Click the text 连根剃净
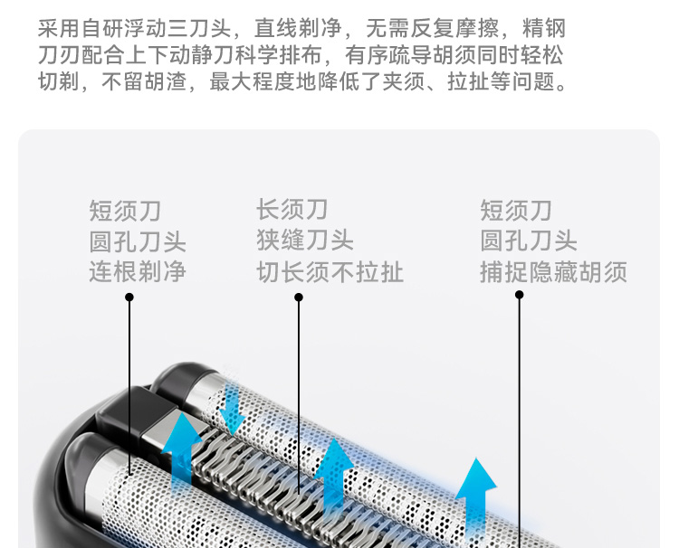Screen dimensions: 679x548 pyautogui.click(x=138, y=271)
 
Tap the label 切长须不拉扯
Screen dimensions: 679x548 pyautogui.click(x=330, y=271)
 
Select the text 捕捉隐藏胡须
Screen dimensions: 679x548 pyautogui.click(x=553, y=271)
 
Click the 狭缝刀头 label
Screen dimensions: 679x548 pyautogui.click(x=304, y=241)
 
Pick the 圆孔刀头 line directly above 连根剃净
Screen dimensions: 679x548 pyautogui.click(x=138, y=241)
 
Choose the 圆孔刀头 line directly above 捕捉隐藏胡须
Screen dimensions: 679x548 pyautogui.click(x=529, y=241)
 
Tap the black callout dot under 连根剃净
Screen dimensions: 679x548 pyautogui.click(x=129, y=297)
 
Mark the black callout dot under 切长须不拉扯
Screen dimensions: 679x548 pyautogui.click(x=299, y=297)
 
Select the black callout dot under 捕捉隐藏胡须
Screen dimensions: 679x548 pyautogui.click(x=519, y=295)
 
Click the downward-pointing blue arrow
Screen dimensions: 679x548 pyautogui.click(x=233, y=409)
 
